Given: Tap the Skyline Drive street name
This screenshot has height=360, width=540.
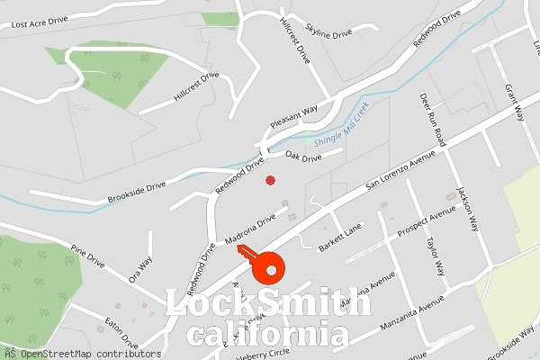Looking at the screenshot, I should tap(328, 32).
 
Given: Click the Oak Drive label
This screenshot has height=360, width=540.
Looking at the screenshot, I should tap(303, 157).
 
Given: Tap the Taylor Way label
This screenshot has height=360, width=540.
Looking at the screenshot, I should tap(435, 256).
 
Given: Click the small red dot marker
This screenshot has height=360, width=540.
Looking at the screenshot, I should tap(270, 181).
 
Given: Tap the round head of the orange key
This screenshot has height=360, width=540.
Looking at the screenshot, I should tap(268, 267).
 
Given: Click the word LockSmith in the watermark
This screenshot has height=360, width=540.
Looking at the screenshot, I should tap(269, 304).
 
